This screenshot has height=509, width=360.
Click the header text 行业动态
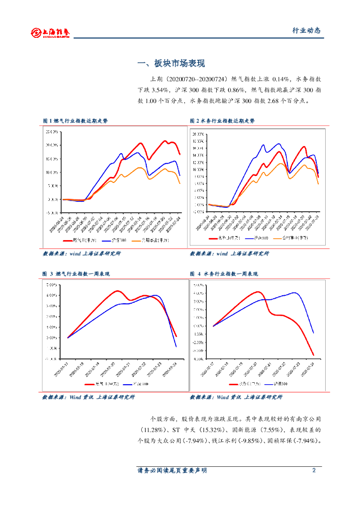(306, 31)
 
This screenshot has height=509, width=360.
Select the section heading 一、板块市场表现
(171, 64)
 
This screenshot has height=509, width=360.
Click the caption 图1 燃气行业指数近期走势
(75, 121)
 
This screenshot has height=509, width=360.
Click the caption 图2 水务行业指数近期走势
(222, 121)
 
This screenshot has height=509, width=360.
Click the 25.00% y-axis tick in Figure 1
(52, 132)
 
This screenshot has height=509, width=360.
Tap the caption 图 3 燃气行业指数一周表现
(76, 274)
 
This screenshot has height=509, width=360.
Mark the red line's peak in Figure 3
(117, 291)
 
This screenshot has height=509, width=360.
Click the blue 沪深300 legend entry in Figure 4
(276, 384)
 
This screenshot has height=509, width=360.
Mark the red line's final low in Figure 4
(314, 355)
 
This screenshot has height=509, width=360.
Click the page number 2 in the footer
(314, 470)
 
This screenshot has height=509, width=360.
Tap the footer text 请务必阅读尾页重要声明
(172, 470)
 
